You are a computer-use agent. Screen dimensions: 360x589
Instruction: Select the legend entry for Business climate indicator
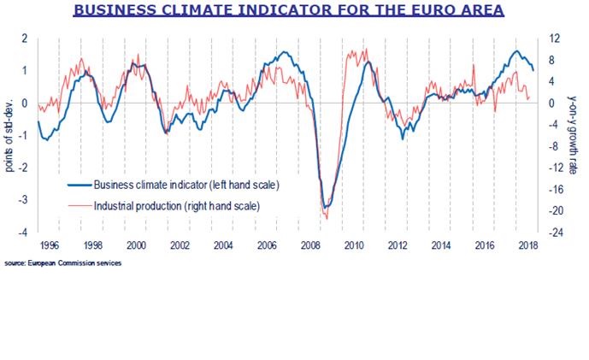[x=186, y=184]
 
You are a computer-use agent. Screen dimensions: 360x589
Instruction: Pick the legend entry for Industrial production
[x=176, y=206]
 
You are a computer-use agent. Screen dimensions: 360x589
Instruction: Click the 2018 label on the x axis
[x=528, y=245]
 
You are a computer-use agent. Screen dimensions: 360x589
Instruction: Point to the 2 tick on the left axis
[x=25, y=39]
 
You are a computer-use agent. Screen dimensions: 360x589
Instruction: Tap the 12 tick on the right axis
[x=555, y=39]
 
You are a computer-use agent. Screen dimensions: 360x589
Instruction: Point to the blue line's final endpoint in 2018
[x=533, y=70]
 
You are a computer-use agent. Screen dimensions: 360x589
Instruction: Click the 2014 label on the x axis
[x=440, y=245]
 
